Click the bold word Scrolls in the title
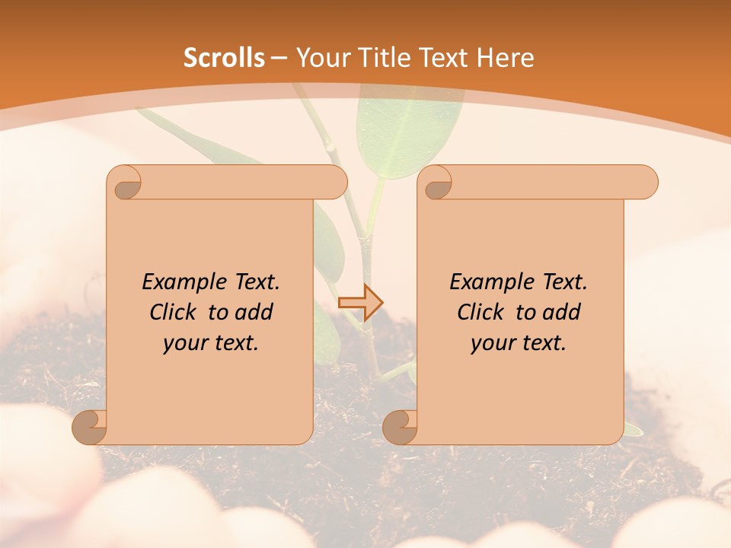coord(224,57)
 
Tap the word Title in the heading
coord(379,57)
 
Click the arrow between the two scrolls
coord(360,302)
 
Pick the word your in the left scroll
coord(183,343)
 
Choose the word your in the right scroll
coord(490,343)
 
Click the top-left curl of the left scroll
coord(126,183)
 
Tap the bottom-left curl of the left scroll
coord(90,426)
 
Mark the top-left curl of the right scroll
coord(436,183)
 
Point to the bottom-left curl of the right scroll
coord(401,426)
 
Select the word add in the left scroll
coord(255,312)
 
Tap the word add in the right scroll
coord(563,312)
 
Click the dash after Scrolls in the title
coord(279,57)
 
